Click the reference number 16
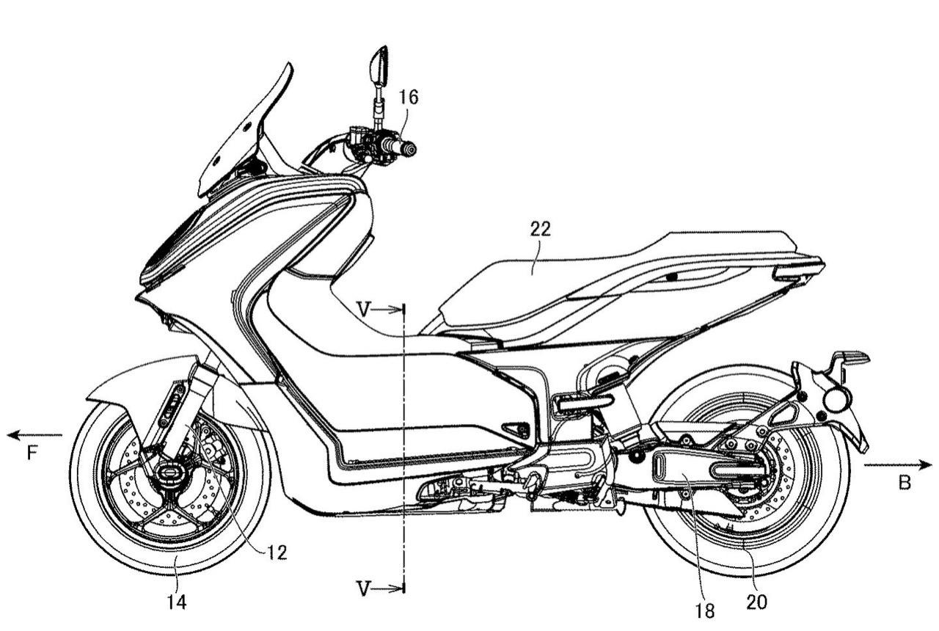tap(409, 98)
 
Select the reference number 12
tap(276, 552)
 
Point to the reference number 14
tap(176, 602)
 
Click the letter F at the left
tap(32, 454)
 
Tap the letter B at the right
tap(905, 483)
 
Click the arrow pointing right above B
tap(898, 464)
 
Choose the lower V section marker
tap(365, 587)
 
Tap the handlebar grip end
tap(409, 150)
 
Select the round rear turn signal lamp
tap(836, 401)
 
